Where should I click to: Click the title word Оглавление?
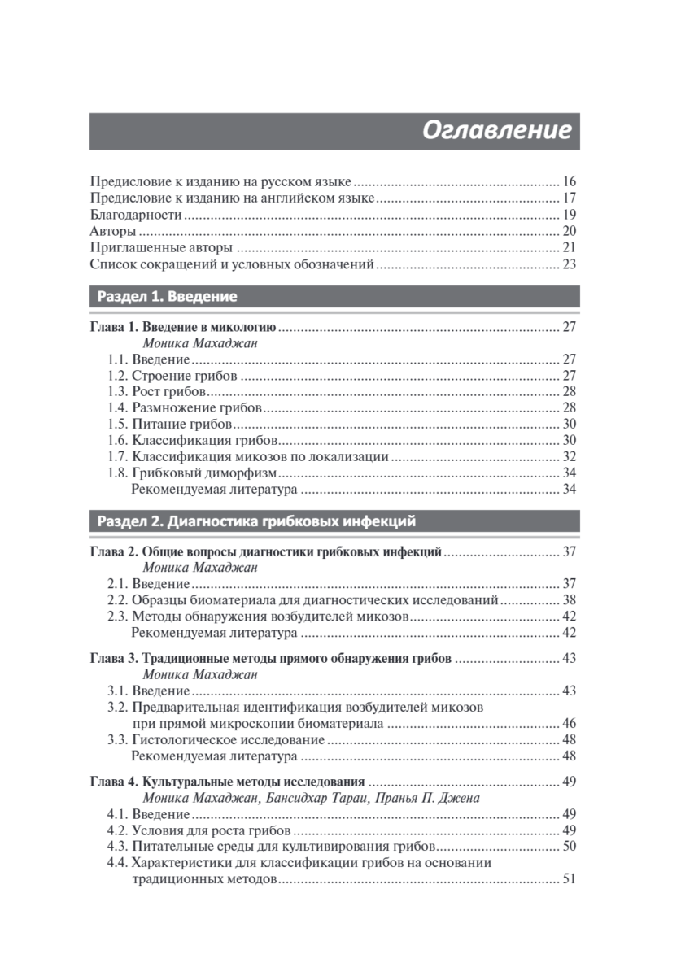pyautogui.click(x=496, y=131)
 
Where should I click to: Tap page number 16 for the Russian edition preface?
pyautogui.click(x=569, y=181)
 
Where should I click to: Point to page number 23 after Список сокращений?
pyautogui.click(x=569, y=265)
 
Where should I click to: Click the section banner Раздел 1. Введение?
pyautogui.click(x=166, y=297)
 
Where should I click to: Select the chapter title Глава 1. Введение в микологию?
pyautogui.click(x=183, y=327)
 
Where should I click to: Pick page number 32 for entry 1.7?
pyautogui.click(x=569, y=457)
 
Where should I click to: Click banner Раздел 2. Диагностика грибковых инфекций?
pyautogui.click(x=255, y=521)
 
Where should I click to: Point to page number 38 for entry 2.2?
pyautogui.click(x=569, y=600)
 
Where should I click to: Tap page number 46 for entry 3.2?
pyautogui.click(x=569, y=723)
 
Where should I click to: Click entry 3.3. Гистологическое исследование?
pyautogui.click(x=216, y=739)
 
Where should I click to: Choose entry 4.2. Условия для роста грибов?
pyautogui.click(x=199, y=830)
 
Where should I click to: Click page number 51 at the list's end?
pyautogui.click(x=569, y=879)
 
